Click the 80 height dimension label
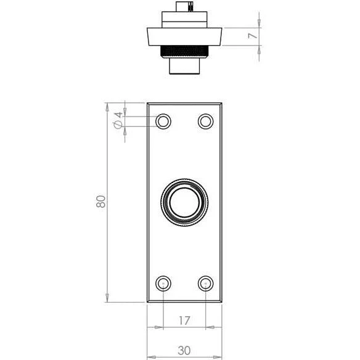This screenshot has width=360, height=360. pos(101,202)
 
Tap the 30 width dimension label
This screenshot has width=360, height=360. pos(184,351)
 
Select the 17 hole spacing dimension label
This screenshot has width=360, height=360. pos(184,321)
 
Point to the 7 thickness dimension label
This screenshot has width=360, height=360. pos(253,36)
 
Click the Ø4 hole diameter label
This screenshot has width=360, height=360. pos(118,120)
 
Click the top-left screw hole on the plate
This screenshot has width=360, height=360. pos(163,121)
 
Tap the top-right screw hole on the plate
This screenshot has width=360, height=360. pos(206,121)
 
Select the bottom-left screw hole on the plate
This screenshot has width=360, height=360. pos(163,284)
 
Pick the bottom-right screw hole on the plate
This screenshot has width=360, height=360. pos(206,284)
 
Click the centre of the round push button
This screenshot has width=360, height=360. pos(184,202)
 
